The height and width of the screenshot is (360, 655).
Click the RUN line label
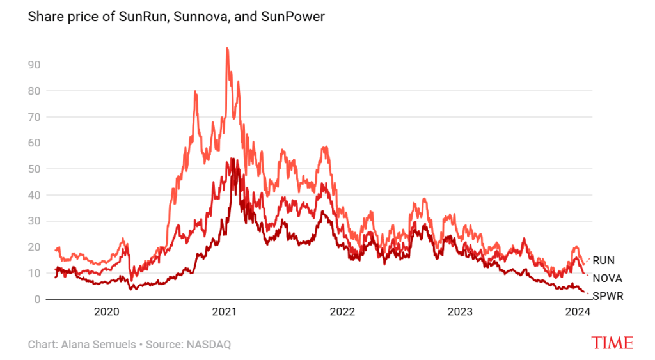[603, 261]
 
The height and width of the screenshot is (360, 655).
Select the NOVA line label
[607, 279]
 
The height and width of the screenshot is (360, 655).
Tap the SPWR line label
[607, 296]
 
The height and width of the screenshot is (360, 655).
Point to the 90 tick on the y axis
[34, 65]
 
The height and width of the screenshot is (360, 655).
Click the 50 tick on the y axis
[34, 169]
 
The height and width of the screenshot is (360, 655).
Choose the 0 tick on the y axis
[36, 299]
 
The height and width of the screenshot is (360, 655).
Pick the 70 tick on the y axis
[34, 117]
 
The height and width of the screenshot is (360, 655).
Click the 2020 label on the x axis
[107, 312]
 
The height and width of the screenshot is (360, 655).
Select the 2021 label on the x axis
[225, 312]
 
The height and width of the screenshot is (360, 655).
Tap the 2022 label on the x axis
[342, 312]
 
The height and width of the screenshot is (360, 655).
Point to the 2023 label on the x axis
[460, 312]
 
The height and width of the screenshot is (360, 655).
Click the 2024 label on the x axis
[578, 312]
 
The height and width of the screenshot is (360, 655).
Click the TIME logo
[612, 343]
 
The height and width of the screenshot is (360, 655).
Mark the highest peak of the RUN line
[227, 49]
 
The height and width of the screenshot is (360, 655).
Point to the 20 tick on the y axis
[34, 247]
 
